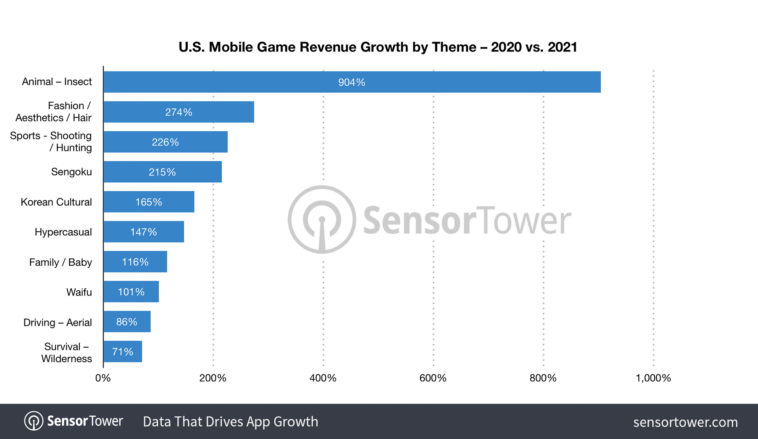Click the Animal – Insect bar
352,82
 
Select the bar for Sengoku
162,172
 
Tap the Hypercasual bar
143,232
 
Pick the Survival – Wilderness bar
123,352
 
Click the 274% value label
179,112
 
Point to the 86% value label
126,322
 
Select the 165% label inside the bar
149,202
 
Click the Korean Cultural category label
56,202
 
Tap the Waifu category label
79,292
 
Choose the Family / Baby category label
60,262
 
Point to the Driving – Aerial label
57,322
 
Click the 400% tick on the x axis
323,378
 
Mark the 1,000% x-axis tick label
653,378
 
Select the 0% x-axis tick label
103,378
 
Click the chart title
378,47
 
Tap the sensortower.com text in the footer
685,422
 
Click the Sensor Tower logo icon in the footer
34,421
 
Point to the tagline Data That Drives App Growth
230,422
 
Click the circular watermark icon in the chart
322,219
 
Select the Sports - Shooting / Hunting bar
165,142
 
